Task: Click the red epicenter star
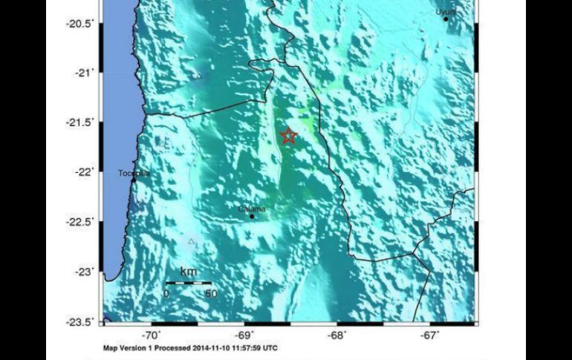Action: pos(288,135)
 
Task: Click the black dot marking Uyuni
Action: pos(446,19)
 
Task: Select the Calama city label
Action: pos(252,209)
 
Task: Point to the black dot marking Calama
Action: pos(252,217)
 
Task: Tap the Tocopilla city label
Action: pos(134,174)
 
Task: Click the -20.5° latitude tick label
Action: pos(80,24)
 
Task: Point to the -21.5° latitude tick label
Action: pos(80,122)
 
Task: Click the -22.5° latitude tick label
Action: pos(80,222)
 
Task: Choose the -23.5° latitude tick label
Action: pos(80,321)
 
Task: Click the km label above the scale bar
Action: pos(189,272)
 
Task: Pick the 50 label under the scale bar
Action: pos(210,294)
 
